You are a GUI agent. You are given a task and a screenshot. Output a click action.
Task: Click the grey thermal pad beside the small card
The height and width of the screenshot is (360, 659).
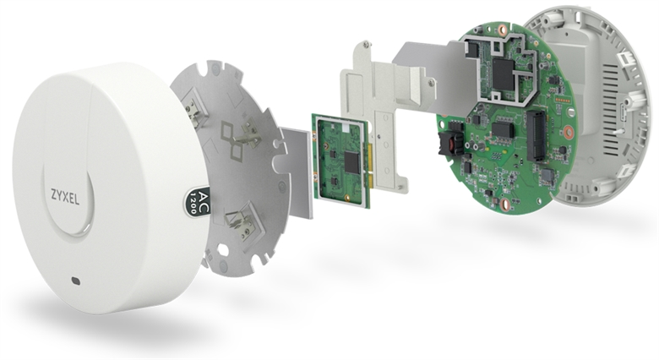[x=297, y=173]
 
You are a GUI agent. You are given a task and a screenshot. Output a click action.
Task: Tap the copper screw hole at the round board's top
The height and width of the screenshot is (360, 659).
[x=501, y=30]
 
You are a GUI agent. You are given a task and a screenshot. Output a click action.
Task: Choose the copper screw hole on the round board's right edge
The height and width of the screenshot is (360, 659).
[x=569, y=132]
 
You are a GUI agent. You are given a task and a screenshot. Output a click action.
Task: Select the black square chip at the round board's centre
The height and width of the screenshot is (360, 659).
[x=504, y=128]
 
